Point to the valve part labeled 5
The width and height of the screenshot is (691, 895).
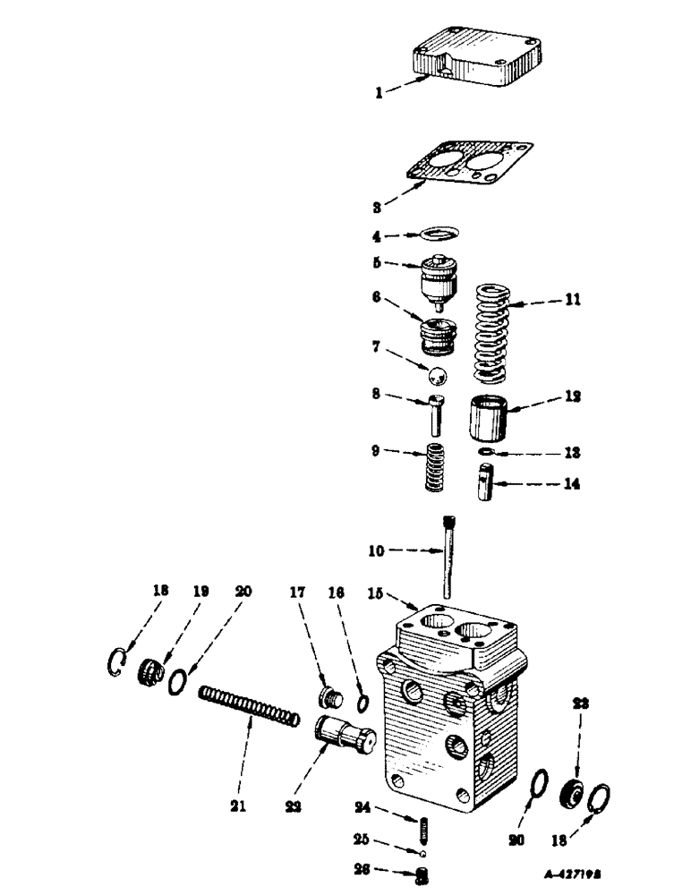(438, 282)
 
